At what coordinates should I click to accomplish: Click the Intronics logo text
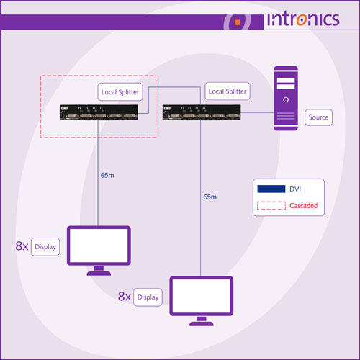click(303, 19)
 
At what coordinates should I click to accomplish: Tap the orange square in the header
click(238, 22)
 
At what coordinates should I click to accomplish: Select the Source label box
click(318, 117)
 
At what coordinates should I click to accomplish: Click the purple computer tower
click(286, 99)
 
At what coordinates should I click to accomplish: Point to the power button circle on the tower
click(286, 99)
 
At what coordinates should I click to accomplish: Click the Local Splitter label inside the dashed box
click(120, 92)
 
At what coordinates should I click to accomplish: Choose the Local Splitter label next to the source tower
click(228, 91)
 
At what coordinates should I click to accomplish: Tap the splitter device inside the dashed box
click(99, 112)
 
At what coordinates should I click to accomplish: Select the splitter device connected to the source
click(202, 112)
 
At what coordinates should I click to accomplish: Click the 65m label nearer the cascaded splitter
click(107, 176)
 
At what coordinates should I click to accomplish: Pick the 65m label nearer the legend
click(210, 197)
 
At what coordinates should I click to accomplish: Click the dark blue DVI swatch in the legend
click(271, 189)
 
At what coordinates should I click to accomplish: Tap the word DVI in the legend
click(295, 189)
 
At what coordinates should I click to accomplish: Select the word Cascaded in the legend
click(304, 206)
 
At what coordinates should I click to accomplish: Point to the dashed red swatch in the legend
click(271, 205)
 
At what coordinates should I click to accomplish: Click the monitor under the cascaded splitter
click(99, 251)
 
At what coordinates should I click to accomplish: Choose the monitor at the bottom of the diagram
click(202, 301)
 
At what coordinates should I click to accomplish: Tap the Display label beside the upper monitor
click(45, 247)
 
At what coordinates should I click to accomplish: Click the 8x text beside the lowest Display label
click(125, 297)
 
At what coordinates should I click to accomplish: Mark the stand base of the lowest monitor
click(202, 323)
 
